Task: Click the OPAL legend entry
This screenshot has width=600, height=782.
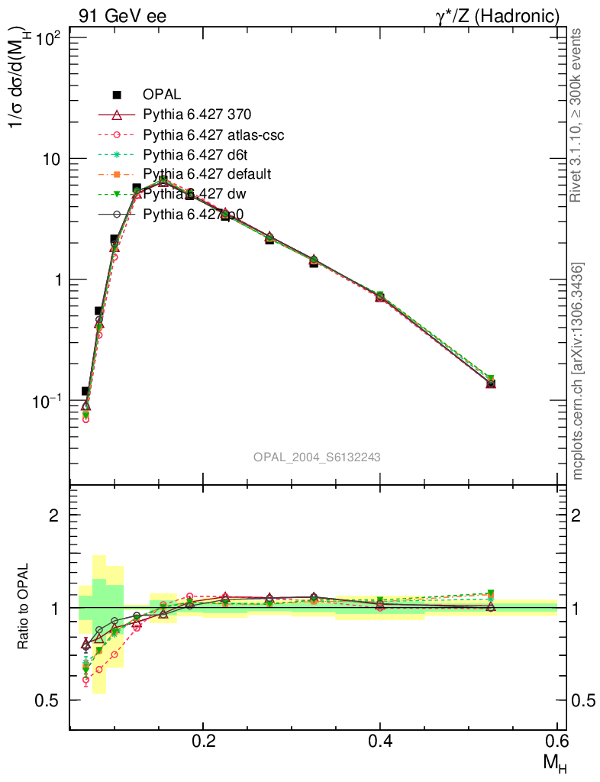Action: pyautogui.click(x=161, y=95)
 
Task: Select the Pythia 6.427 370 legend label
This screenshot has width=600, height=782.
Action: pyautogui.click(x=197, y=115)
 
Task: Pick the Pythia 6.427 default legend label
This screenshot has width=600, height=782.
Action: pyautogui.click(x=207, y=174)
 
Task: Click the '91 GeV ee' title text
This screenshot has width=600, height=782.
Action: pyautogui.click(x=122, y=16)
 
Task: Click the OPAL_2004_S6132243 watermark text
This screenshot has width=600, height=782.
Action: pyautogui.click(x=317, y=457)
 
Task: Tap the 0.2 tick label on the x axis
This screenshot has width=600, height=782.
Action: pyautogui.click(x=203, y=740)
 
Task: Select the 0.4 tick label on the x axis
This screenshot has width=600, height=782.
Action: pyautogui.click(x=380, y=740)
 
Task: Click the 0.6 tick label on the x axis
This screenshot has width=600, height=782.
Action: pyautogui.click(x=556, y=740)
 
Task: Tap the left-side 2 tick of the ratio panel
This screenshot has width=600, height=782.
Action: pyautogui.click(x=54, y=515)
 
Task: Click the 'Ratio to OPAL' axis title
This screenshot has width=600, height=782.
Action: pyautogui.click(x=24, y=607)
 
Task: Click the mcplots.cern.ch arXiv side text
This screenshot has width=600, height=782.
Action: pyautogui.click(x=578, y=371)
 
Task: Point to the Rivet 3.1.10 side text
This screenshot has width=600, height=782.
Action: pyautogui.click(x=578, y=115)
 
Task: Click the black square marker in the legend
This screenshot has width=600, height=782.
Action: pyautogui.click(x=117, y=95)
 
